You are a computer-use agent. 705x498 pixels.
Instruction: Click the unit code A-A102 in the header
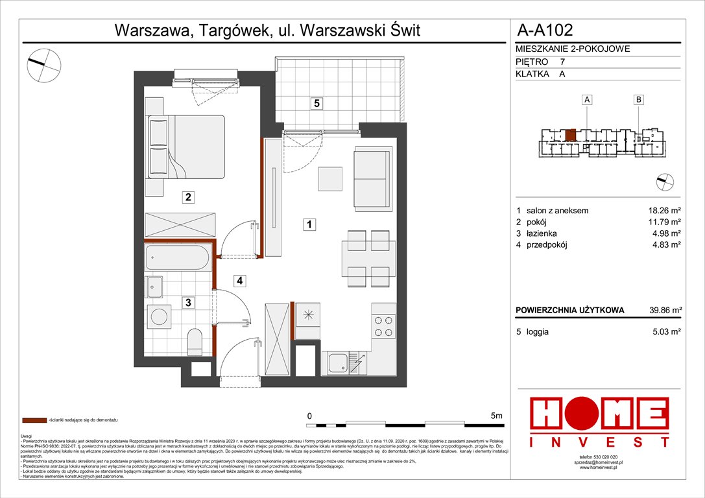(545, 29)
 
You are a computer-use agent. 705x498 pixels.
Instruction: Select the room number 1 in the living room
(310, 224)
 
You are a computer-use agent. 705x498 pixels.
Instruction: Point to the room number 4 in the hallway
(239, 281)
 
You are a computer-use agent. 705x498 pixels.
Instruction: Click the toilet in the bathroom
(195, 342)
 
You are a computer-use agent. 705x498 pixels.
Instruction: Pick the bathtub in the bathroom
(178, 257)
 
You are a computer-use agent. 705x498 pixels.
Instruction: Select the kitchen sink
(340, 362)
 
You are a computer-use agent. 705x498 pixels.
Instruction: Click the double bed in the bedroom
(186, 147)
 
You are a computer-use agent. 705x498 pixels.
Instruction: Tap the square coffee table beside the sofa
(331, 178)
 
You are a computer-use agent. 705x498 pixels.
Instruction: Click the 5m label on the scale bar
(497, 416)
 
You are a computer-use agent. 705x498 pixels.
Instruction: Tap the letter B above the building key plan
(639, 100)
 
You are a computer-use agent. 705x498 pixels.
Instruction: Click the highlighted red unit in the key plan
(569, 136)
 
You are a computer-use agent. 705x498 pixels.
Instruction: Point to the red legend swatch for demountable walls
(35, 420)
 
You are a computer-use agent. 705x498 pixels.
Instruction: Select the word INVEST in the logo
(599, 442)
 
